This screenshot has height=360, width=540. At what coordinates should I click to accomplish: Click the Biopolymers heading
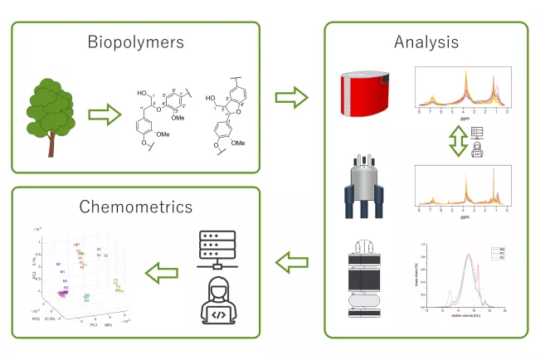(x=134, y=41)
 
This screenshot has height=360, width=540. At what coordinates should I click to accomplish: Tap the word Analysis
(x=426, y=41)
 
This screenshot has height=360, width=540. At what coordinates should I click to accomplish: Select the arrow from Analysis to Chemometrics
(x=292, y=265)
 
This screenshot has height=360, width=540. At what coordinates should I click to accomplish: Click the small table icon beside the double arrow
(x=475, y=133)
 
